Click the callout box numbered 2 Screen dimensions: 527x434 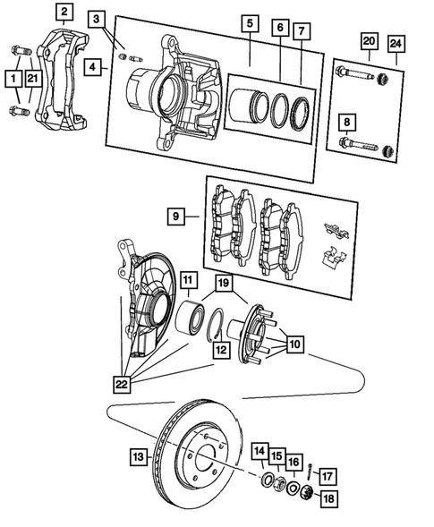click(64, 13)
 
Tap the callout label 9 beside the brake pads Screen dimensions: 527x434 click(177, 216)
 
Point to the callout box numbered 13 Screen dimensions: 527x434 click(138, 457)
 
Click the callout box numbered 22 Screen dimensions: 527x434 click(121, 384)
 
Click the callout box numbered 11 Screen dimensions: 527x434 click(188, 281)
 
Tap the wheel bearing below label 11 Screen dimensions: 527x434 click(189, 319)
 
